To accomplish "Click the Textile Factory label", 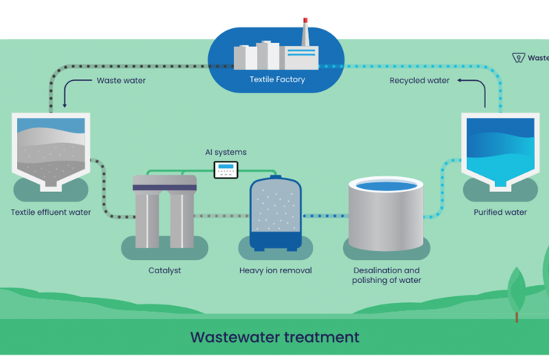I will [277, 79].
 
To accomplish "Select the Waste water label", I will [121, 81].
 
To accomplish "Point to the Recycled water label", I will [419, 81].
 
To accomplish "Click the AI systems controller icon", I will [226, 170].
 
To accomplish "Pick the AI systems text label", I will [226, 153].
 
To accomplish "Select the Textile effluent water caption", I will [51, 213].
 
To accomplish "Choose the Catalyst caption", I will [164, 270].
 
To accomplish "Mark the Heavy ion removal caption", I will [276, 270].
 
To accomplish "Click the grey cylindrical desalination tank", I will [386, 214].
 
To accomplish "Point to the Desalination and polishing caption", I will [386, 275].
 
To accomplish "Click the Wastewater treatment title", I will [275, 338].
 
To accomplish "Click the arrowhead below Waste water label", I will [66, 104].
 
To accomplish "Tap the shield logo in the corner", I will [519, 58].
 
